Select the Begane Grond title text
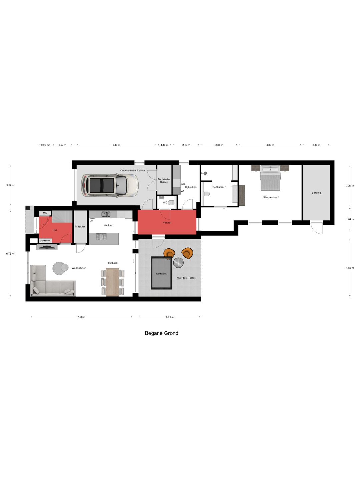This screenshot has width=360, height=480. point(162,333)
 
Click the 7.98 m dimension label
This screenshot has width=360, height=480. point(81,317)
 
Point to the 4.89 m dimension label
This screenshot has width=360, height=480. point(270,145)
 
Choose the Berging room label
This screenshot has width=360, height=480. point(316,193)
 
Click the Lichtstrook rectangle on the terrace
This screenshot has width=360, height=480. point(161,273)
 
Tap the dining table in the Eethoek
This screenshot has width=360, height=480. point(113,282)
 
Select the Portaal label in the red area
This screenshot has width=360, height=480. point(167,223)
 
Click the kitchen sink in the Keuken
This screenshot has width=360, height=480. point(106,214)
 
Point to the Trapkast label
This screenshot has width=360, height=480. point(80,227)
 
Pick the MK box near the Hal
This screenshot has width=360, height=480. point(45,213)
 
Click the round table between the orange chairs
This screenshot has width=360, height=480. point(178,262)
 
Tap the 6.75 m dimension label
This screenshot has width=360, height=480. point(10,254)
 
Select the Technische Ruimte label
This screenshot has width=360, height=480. point(164,181)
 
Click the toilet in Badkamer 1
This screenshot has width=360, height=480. point(206,194)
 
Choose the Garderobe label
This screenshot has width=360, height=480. point(45,241)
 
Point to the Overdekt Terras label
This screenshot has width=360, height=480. point(186,278)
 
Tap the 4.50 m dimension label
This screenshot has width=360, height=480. point(350,268)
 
